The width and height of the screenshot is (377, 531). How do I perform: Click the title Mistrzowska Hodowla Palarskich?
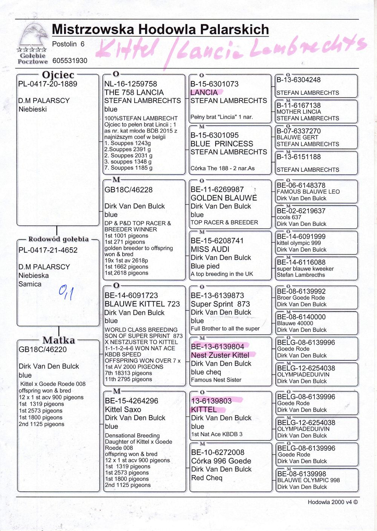(160, 29)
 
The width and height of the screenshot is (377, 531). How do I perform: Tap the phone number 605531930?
(70, 61)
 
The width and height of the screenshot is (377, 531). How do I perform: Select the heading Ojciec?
(58, 75)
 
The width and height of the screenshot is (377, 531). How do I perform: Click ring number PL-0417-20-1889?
(48, 84)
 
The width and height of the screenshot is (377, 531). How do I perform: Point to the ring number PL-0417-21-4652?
(48, 250)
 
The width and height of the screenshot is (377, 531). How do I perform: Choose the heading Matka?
(58, 340)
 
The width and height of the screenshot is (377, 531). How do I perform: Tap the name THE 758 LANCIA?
(134, 92)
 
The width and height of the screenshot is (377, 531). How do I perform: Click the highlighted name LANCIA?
(204, 92)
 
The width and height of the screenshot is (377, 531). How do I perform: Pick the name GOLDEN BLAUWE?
(224, 198)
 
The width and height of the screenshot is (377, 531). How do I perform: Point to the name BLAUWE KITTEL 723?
(142, 304)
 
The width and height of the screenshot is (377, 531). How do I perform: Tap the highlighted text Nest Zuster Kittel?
(220, 355)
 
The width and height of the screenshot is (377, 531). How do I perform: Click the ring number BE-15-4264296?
(132, 401)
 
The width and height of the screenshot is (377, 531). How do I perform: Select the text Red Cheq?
(207, 478)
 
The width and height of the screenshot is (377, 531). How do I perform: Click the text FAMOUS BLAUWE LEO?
(308, 192)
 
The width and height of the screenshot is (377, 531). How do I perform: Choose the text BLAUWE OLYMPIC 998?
(308, 480)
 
